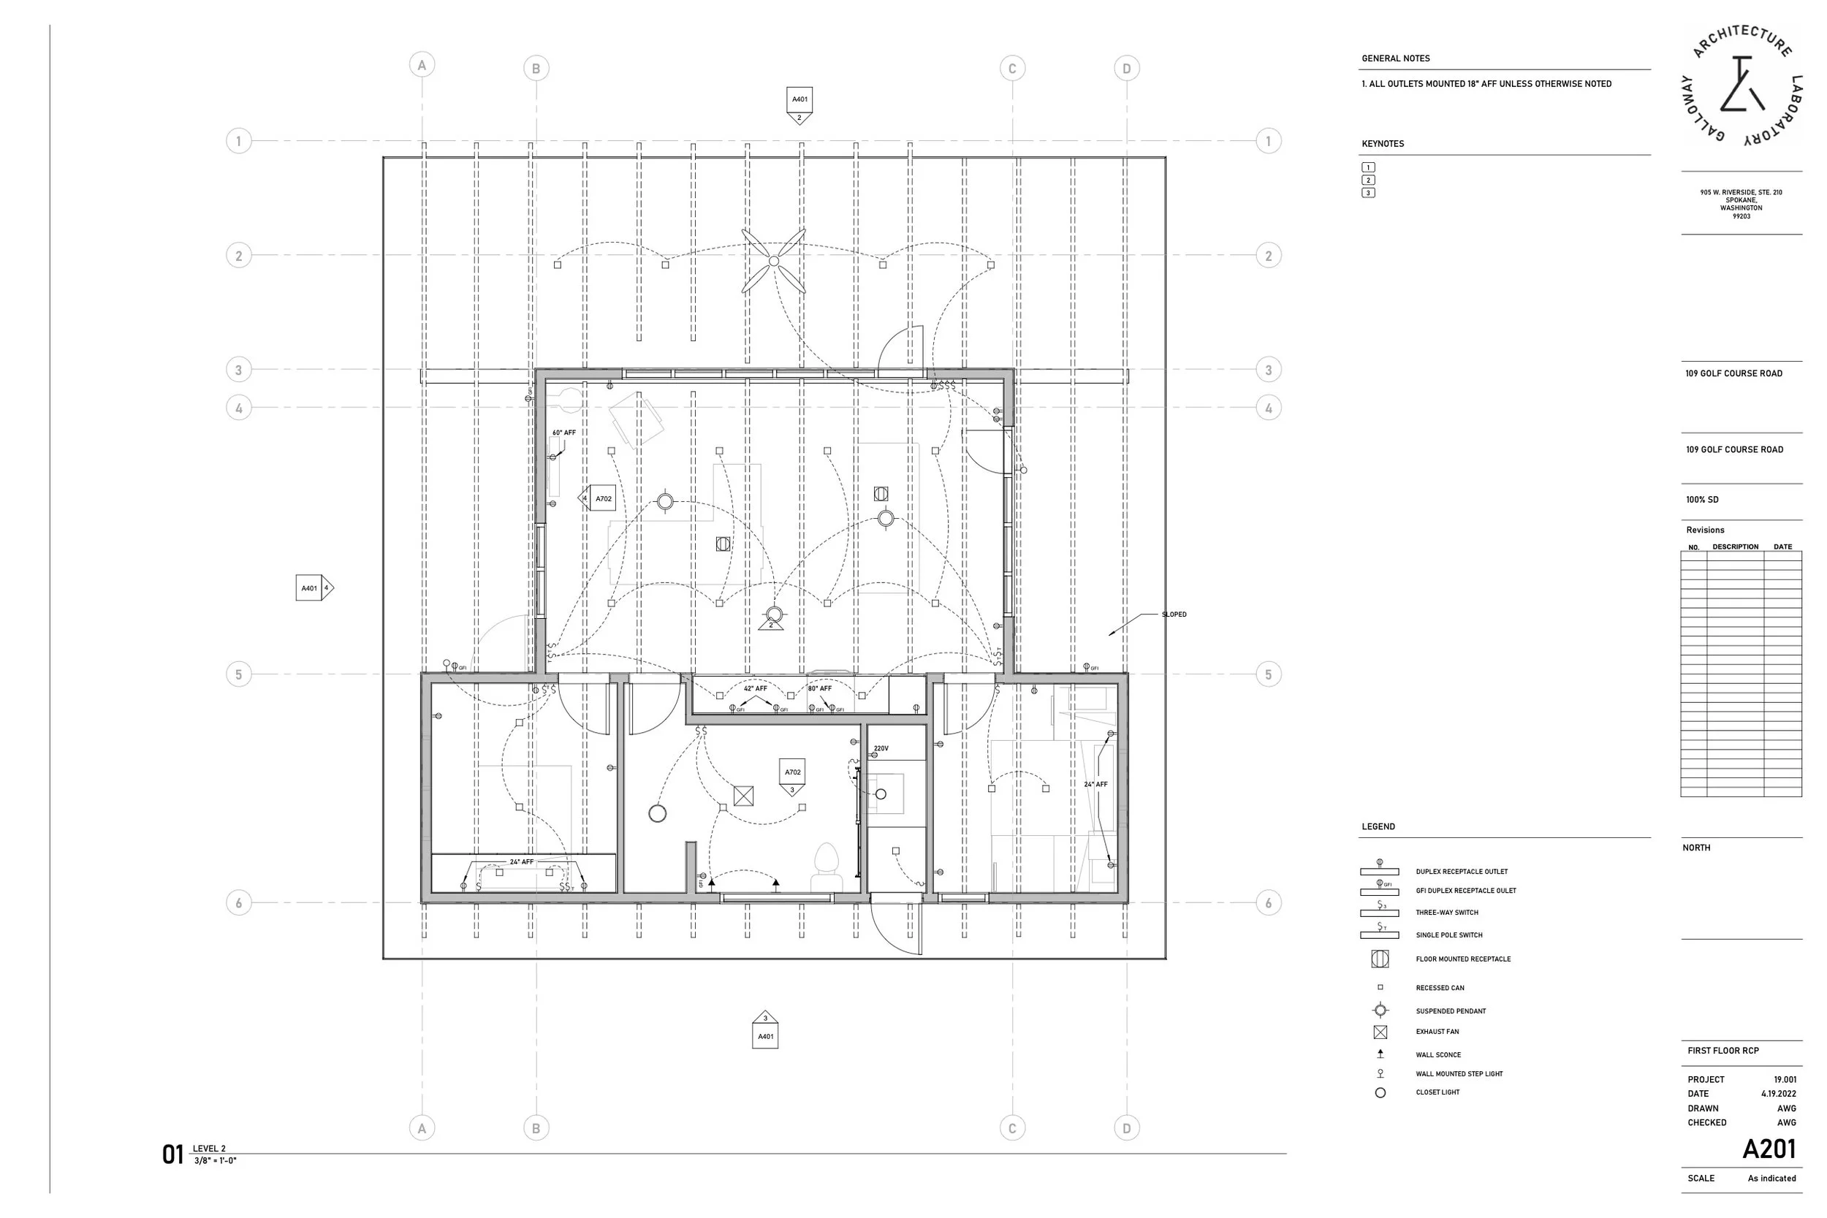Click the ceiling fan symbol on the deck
coord(774,261)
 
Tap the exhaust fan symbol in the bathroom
coord(743,796)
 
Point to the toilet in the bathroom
coord(827,867)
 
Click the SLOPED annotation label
coord(1174,614)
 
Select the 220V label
coord(881,749)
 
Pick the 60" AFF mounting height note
coord(564,433)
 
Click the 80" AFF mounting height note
coord(819,688)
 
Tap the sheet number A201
coord(1769,1149)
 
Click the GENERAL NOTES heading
coord(1396,58)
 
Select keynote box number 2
coord(1368,180)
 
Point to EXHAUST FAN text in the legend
coord(1437,1032)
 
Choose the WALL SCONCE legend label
coord(1437,1055)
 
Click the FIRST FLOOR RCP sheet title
coord(1723,1050)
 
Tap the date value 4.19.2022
coord(1779,1094)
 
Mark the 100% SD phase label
coord(1702,500)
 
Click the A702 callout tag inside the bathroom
coord(792,776)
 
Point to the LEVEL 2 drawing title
coord(209,1149)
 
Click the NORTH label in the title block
coord(1696,848)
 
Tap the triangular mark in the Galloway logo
coord(1743,85)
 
